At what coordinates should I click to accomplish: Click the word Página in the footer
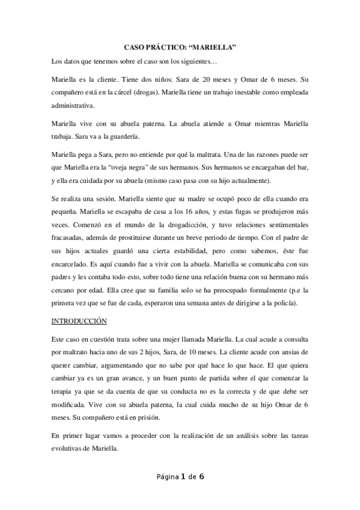tap(168, 478)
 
